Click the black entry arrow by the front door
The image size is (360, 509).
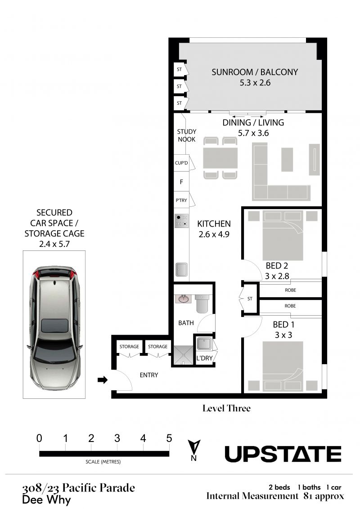coord(103,380)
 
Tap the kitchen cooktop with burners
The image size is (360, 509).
coord(181,221)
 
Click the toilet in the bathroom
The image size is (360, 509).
coord(202,304)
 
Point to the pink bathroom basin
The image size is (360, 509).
coord(184,299)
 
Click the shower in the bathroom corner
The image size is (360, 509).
coord(183,356)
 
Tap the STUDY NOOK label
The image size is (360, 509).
coord(186,135)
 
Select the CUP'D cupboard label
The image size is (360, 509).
coord(181,163)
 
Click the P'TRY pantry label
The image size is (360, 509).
coord(181,200)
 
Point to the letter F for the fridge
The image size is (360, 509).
coord(181,182)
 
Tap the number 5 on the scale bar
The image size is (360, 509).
coord(169,438)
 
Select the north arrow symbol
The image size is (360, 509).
coord(194,450)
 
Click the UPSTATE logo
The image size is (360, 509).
coord(283,454)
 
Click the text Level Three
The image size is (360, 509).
coord(226,408)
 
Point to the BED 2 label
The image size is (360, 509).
coord(277,266)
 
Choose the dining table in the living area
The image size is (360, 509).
coord(220,158)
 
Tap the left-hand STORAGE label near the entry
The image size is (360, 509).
coord(129,346)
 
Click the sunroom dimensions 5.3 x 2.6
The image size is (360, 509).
coord(255,83)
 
